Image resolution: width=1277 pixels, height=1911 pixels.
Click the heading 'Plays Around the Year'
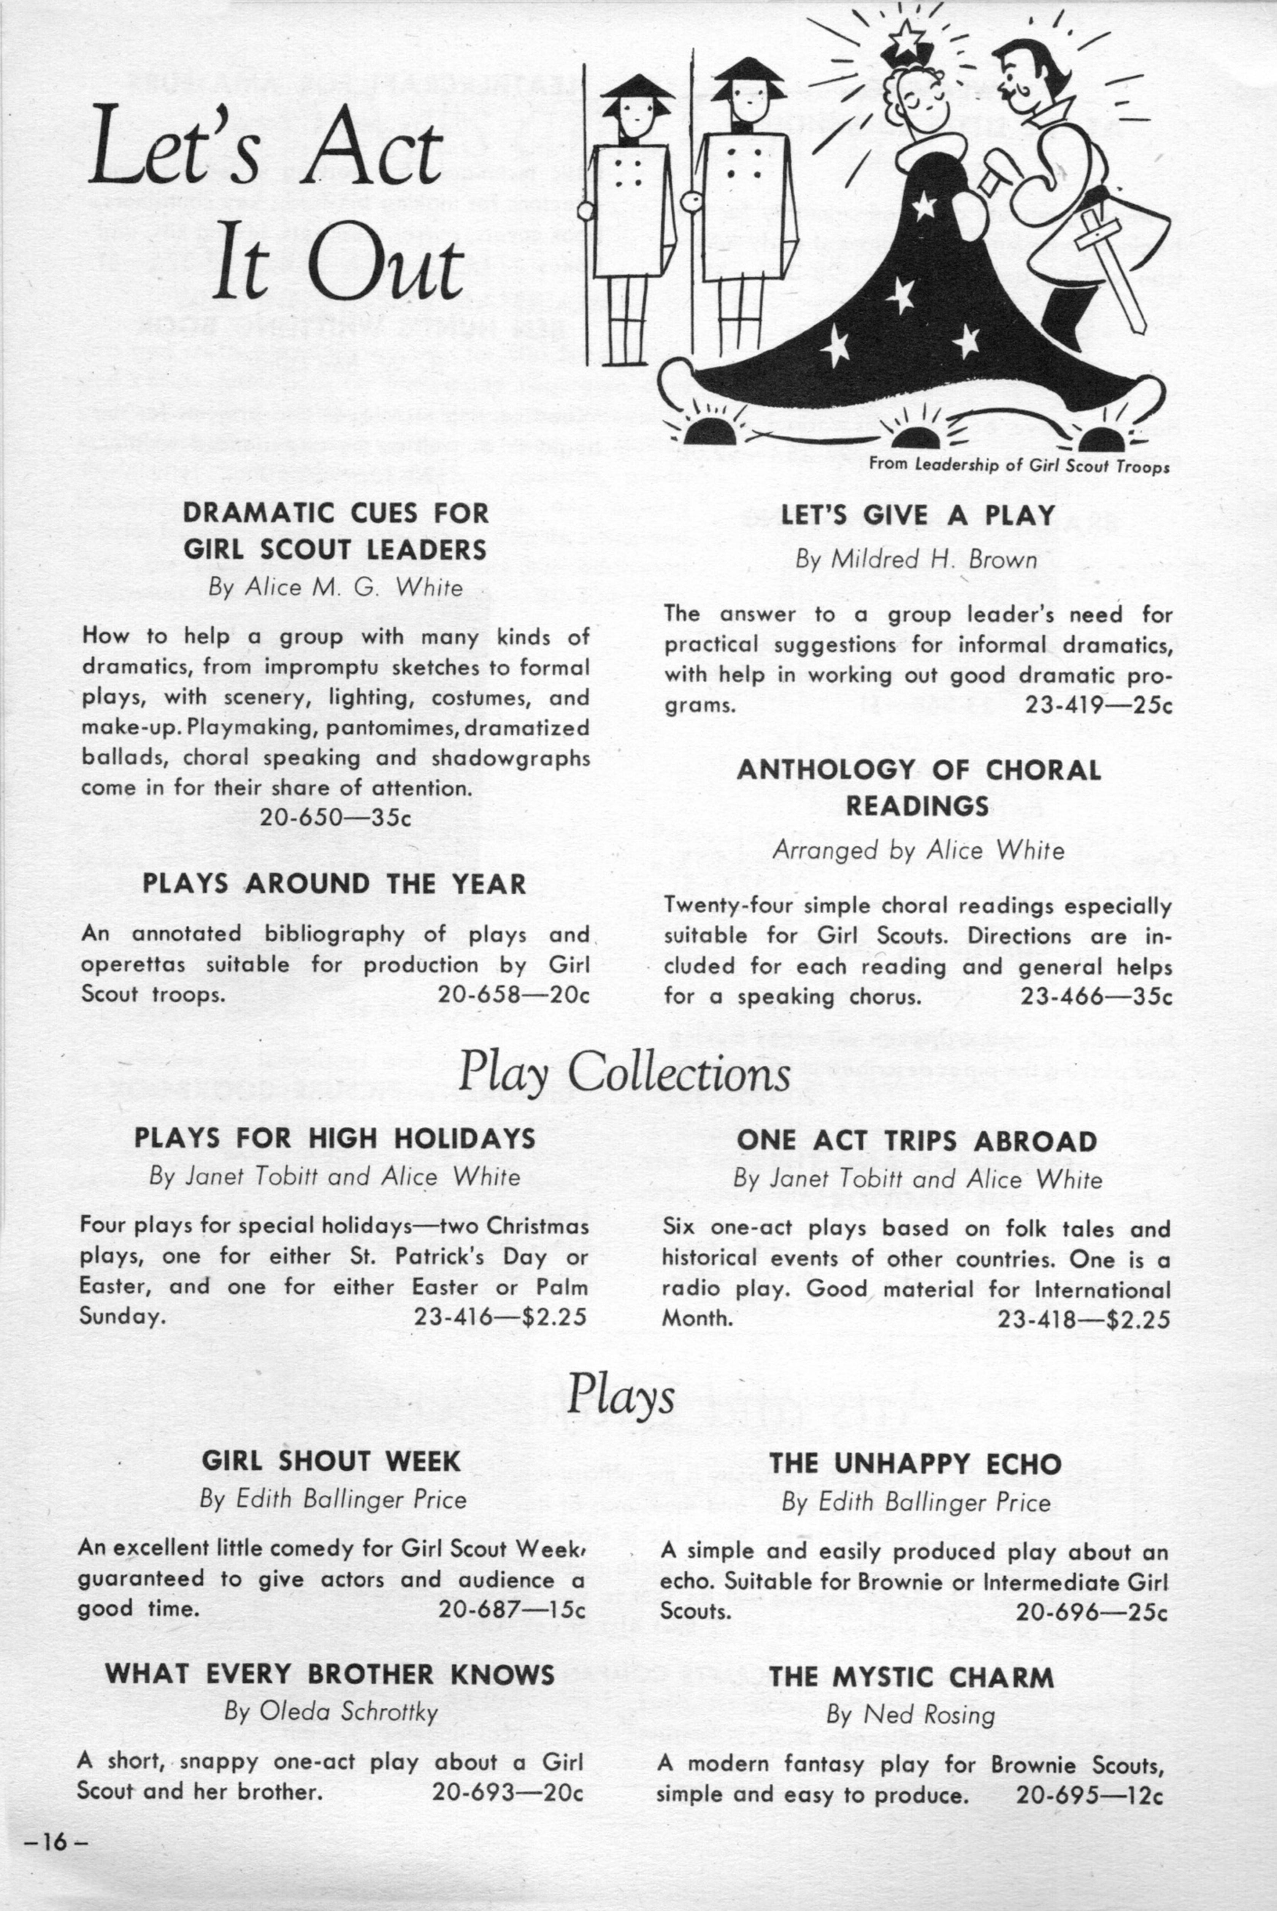pyautogui.click(x=334, y=884)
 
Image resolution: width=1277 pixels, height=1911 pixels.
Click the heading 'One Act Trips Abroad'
pyautogui.click(x=917, y=1141)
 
